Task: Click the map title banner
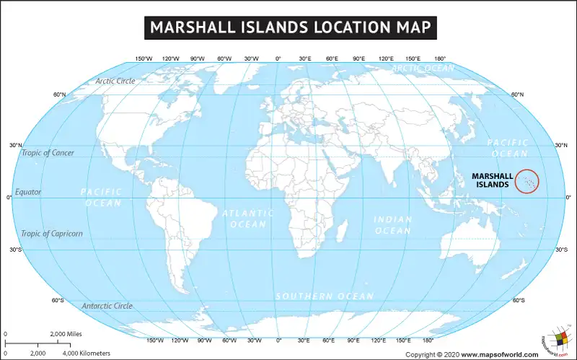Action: tap(288, 27)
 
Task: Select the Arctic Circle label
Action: tap(115, 81)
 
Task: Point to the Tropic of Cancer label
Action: tap(48, 153)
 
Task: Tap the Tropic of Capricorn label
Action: tap(52, 233)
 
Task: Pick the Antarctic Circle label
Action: tap(107, 306)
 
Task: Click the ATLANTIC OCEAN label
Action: tap(248, 219)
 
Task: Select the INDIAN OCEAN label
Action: tap(392, 224)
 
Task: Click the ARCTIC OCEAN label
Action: tap(423, 68)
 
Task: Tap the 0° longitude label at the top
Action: tap(278, 58)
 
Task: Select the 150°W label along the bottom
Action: tap(154, 340)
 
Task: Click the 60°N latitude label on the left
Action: tap(59, 95)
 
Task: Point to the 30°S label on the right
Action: tap(561, 250)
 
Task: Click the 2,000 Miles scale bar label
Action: tap(66, 334)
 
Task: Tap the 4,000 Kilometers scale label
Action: tap(86, 353)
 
